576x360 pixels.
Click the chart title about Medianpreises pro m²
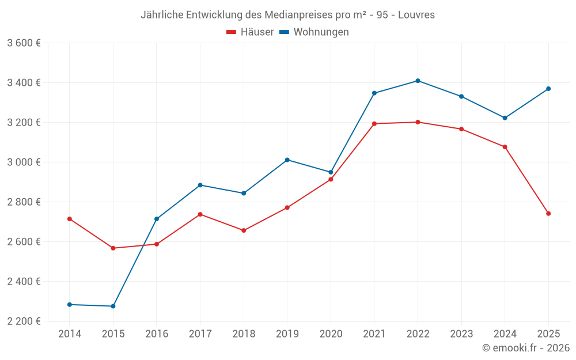pos(287,14)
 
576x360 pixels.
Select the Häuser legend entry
pos(251,32)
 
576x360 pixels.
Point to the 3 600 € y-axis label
pos(24,43)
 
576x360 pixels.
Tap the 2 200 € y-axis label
pos(24,321)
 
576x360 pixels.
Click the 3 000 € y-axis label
pos(24,162)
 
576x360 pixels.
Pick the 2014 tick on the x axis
pos(70,334)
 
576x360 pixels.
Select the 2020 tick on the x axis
pos(331,334)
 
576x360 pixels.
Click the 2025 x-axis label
pos(548,334)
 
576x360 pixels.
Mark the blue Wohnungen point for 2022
pos(418,81)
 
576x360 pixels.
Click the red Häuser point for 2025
pos(548,214)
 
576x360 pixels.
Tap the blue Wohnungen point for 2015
pos(113,306)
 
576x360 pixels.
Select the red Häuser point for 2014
pos(70,219)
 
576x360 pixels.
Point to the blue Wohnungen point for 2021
pos(374,93)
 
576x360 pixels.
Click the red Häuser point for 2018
pos(244,230)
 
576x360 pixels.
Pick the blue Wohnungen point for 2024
pos(505,118)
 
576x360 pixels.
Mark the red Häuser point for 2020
pos(331,179)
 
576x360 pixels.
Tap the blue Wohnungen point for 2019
pos(287,160)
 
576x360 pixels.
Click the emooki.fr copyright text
pos(526,348)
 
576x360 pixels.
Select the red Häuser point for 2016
pos(157,244)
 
